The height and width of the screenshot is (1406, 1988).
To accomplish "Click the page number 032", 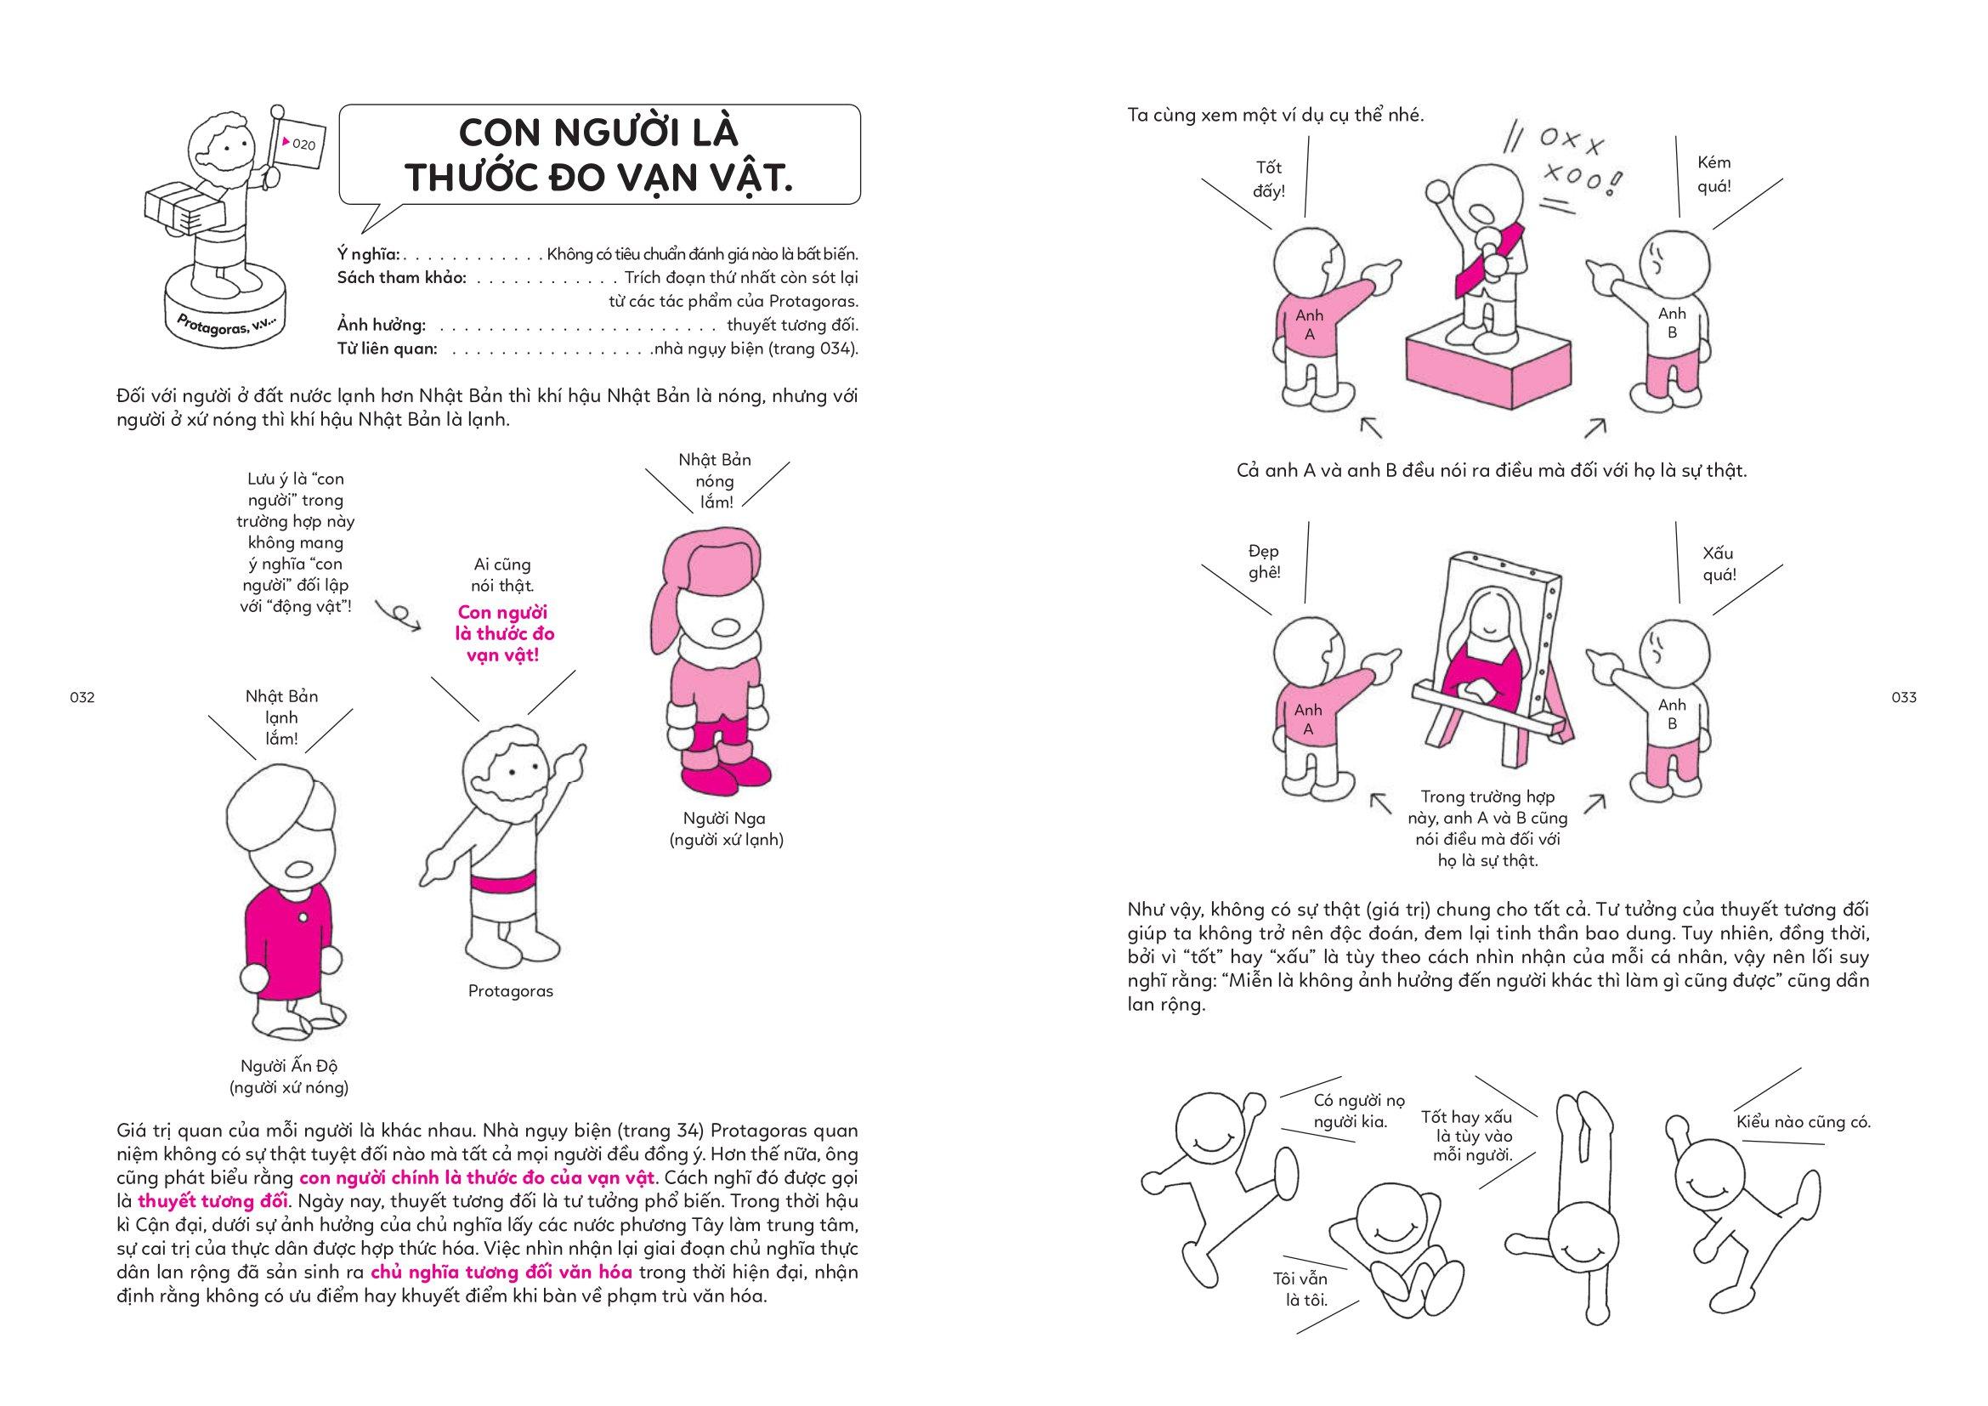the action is coord(82,698).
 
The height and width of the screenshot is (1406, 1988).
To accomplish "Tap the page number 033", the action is coord(1904,697).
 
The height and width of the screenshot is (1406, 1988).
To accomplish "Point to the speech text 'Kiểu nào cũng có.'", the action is coord(1803,1123).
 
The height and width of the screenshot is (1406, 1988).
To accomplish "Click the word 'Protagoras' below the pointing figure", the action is coord(510,991).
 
